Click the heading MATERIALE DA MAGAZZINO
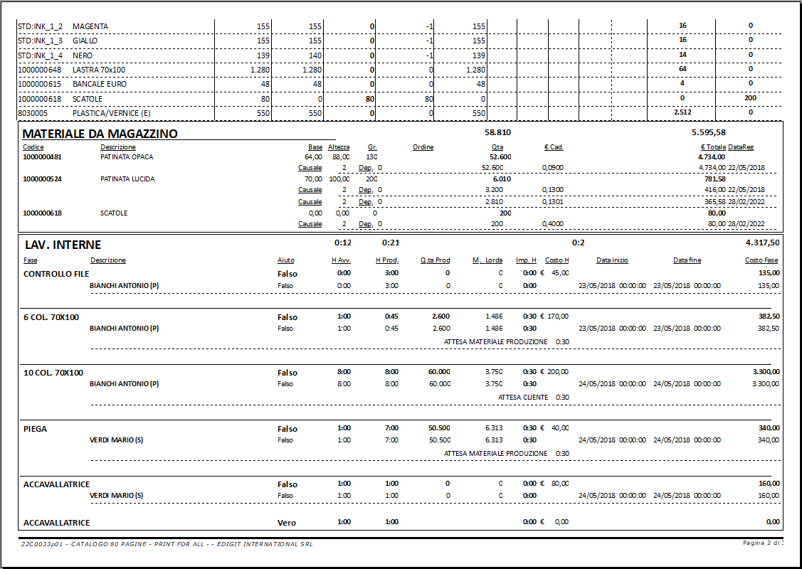click(x=100, y=134)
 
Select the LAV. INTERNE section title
click(x=63, y=245)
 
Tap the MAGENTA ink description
click(x=90, y=26)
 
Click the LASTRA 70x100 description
click(x=99, y=70)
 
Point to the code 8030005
click(x=33, y=113)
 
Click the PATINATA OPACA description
click(x=127, y=156)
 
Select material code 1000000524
click(x=42, y=179)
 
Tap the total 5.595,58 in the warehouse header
click(x=708, y=132)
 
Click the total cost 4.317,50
click(x=761, y=243)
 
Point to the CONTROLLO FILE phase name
click(x=57, y=274)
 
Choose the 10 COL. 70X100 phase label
click(x=53, y=373)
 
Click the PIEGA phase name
click(x=36, y=429)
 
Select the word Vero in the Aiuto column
click(x=287, y=523)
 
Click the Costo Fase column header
click(x=761, y=260)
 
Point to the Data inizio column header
click(x=612, y=260)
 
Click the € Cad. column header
click(x=554, y=147)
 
